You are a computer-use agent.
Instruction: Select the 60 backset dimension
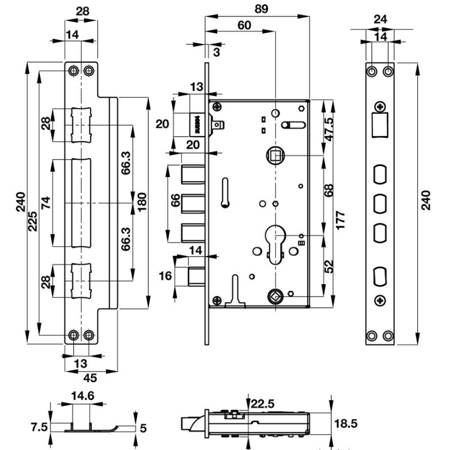click(x=244, y=25)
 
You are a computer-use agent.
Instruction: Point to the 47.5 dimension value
click(x=330, y=129)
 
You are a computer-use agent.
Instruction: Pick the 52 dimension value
click(x=330, y=266)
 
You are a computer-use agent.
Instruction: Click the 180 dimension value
click(x=142, y=199)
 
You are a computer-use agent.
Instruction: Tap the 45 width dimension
click(x=89, y=379)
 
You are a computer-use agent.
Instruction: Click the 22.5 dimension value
click(x=263, y=403)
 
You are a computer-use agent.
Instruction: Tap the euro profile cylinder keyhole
click(x=276, y=243)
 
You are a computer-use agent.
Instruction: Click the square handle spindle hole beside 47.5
click(x=276, y=154)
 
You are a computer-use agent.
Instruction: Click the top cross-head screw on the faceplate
click(x=381, y=106)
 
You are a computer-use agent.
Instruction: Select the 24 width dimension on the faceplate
click(x=380, y=19)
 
